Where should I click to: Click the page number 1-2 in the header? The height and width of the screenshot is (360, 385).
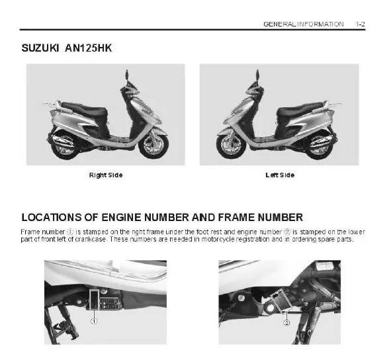[361, 24]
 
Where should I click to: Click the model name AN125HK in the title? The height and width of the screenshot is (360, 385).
[89, 48]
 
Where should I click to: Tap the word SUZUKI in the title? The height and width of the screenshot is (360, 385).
[40, 48]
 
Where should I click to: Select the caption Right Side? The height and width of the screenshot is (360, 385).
[106, 175]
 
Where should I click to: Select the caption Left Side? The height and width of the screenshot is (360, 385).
[280, 175]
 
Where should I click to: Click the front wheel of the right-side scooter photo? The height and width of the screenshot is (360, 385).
[153, 145]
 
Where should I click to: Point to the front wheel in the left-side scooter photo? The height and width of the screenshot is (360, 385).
[231, 145]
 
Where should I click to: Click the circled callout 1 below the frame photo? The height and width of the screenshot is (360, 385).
[94, 321]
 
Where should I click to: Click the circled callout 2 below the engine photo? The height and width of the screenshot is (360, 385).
[286, 322]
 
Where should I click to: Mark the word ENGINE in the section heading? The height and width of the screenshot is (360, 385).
[121, 218]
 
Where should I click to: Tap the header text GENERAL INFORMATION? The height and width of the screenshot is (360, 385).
[304, 24]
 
